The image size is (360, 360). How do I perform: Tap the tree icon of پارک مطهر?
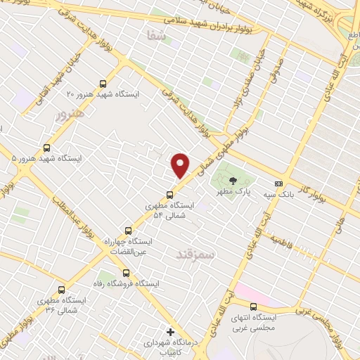click(233, 181)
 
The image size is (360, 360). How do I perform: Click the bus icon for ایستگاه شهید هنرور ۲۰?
click(104, 82)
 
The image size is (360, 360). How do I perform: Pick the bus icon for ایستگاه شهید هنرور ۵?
click(47, 148)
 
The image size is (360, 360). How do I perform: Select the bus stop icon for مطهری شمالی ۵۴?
click(169, 195)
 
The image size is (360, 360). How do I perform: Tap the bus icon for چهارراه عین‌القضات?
click(128, 230)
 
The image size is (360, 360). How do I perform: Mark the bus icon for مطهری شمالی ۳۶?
click(61, 289)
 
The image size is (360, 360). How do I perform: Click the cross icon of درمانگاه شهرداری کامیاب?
click(169, 331)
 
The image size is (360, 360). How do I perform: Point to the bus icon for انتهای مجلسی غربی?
click(254, 306)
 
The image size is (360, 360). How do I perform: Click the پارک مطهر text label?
click(234, 192)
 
